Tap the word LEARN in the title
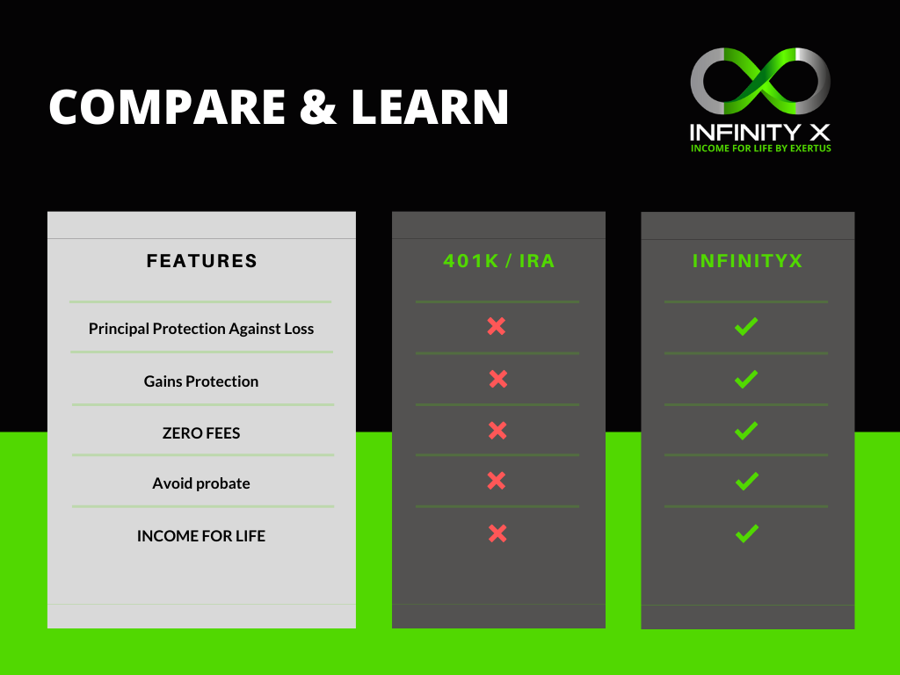point(429,106)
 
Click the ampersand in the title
point(317,106)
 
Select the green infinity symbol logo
point(760,81)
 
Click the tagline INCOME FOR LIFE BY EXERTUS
point(760,148)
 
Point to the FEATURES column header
point(201,261)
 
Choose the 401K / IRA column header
point(499,261)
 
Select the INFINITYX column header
point(747,261)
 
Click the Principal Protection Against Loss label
point(201,329)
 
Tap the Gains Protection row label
point(201,381)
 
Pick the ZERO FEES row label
point(201,432)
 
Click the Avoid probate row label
point(201,483)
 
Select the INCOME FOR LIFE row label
point(201,536)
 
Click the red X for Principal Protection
point(497,327)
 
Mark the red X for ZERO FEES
point(497,431)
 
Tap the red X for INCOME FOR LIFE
point(497,533)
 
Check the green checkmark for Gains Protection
point(746,380)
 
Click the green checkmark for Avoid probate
point(747,481)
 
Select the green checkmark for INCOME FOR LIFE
point(747,533)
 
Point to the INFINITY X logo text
point(760,133)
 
